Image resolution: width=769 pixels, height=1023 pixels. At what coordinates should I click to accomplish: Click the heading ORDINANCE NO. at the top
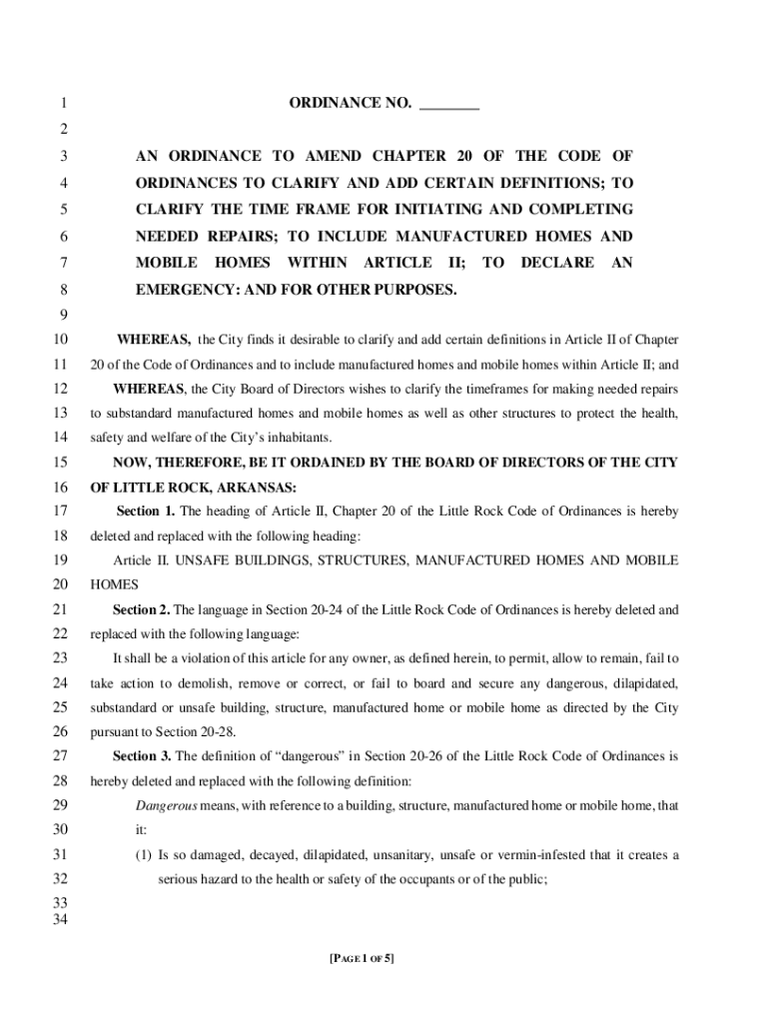[x=350, y=103]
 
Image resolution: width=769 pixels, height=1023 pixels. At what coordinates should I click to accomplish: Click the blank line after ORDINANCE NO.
[x=449, y=104]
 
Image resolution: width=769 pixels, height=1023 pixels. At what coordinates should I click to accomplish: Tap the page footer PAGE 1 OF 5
[x=362, y=959]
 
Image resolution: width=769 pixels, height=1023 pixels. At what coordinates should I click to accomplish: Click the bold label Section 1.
[x=146, y=511]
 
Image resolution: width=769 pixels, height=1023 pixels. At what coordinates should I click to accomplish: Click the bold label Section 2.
[x=142, y=608]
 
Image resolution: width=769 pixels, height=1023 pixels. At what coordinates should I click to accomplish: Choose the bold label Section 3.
[x=142, y=755]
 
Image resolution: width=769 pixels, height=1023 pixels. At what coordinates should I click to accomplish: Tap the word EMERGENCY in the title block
[x=183, y=290]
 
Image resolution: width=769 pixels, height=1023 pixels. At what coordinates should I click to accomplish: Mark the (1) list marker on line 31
[x=144, y=855]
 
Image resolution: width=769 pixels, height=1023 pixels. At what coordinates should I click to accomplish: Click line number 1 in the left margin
[x=62, y=104]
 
